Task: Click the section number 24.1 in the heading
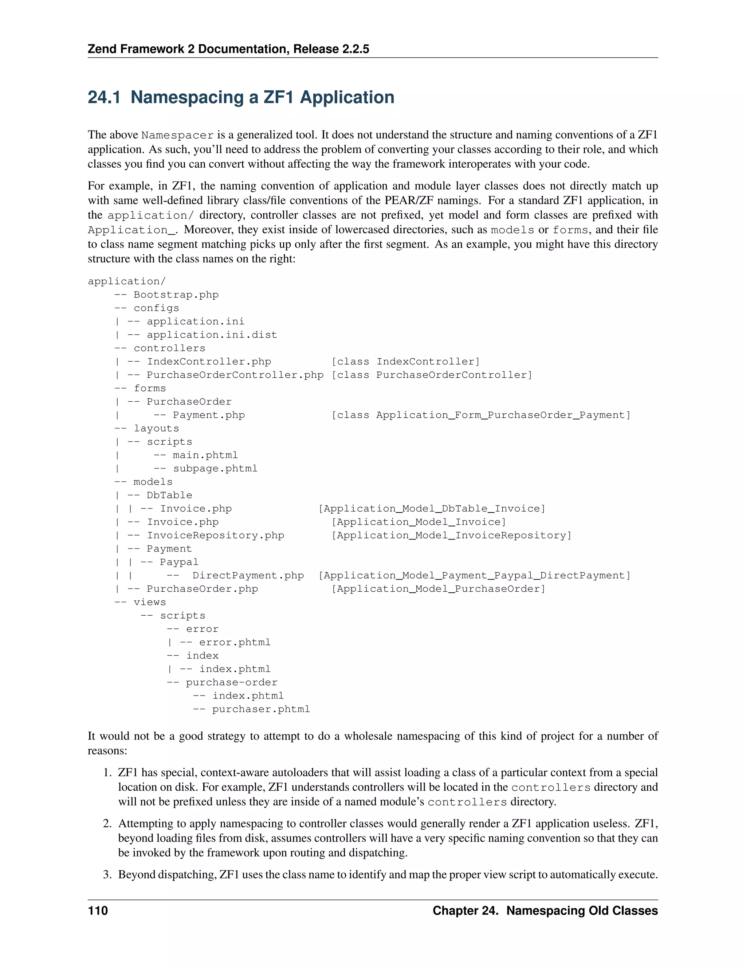coord(104,98)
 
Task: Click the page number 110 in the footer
coord(98,910)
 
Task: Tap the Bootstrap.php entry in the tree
coord(176,295)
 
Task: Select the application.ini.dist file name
coord(212,335)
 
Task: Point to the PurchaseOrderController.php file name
coord(235,375)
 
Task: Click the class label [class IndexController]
coord(405,362)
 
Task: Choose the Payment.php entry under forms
coord(209,415)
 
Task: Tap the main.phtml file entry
coord(205,455)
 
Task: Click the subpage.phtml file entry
coord(215,468)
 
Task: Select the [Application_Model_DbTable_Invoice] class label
coord(432,509)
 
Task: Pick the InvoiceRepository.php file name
coord(215,535)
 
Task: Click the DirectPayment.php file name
coord(248,576)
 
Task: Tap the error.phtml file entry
coord(235,642)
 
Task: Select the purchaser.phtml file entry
coord(261,709)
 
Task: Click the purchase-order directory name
coord(232,682)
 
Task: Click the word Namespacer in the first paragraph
coord(178,135)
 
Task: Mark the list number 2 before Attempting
coord(107,823)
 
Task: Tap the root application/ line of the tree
coord(126,281)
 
